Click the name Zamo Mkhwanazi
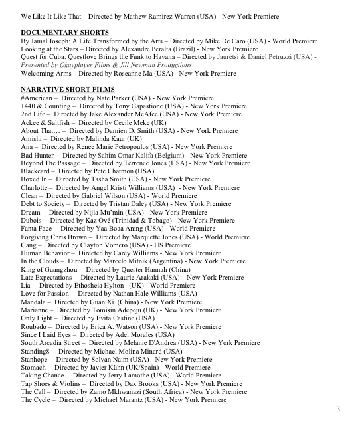(x=123, y=392)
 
